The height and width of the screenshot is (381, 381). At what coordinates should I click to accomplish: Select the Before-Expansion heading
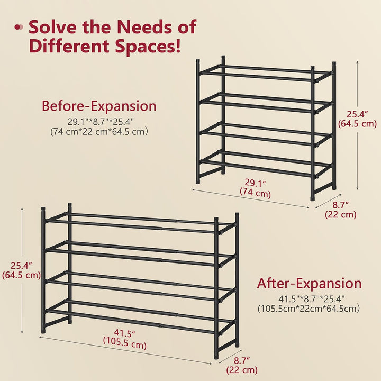[99, 106]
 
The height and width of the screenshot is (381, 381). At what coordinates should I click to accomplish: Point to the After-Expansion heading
[310, 283]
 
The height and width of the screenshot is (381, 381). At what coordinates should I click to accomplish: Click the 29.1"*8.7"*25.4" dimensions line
[101, 122]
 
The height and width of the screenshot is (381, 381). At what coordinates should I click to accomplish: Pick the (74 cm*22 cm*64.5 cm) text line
[99, 132]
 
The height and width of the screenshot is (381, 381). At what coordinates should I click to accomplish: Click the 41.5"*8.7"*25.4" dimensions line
[312, 298]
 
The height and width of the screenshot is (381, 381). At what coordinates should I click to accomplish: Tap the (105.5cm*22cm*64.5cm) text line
[309, 309]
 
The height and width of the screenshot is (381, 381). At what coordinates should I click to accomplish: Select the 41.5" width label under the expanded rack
[125, 333]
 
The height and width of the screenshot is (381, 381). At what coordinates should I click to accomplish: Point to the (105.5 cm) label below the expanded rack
[125, 345]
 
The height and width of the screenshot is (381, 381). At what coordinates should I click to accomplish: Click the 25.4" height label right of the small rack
[357, 114]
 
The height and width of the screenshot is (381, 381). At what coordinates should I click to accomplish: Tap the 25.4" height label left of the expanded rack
[21, 266]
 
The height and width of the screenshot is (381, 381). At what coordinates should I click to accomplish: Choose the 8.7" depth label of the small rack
[341, 205]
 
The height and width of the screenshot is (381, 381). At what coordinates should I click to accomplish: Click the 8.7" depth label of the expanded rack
[242, 360]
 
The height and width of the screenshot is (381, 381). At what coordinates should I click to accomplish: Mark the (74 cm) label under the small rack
[256, 194]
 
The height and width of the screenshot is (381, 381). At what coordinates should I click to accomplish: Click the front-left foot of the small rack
[198, 181]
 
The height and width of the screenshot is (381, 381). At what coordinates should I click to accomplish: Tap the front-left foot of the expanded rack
[43, 330]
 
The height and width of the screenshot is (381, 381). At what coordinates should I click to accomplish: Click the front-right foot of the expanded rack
[216, 357]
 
